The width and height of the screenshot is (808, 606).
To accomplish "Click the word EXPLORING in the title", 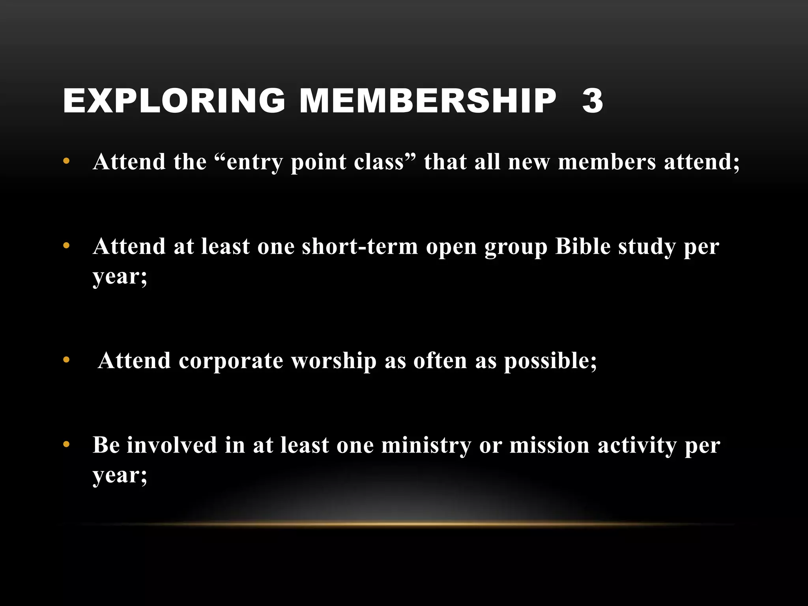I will coord(174,101).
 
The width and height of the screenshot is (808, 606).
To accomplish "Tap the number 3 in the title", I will coord(592,101).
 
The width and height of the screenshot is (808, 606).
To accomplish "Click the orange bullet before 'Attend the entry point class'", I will coord(66,161).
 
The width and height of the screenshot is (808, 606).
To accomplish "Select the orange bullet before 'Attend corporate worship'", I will coord(66,360).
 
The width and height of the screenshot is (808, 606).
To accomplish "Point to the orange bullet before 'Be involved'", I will coord(66,445).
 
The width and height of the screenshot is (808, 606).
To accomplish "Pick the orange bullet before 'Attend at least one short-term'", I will coord(66,246).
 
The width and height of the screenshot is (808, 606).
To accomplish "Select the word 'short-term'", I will coord(359,247).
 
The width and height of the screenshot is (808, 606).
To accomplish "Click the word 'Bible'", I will coord(582,247).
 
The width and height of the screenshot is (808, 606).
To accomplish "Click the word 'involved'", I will coord(172,445).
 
